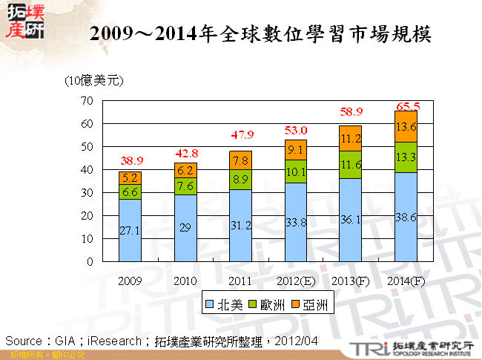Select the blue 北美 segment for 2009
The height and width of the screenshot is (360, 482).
pyautogui.click(x=130, y=230)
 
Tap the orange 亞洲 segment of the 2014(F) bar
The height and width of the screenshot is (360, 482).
pyautogui.click(x=405, y=126)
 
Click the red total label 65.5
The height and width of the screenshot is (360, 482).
pyautogui.click(x=406, y=105)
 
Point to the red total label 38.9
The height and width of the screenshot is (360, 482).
pyautogui.click(x=130, y=161)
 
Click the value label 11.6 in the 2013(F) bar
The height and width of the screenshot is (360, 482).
pyautogui.click(x=350, y=165)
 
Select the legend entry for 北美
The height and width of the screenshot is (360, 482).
pyautogui.click(x=222, y=304)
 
